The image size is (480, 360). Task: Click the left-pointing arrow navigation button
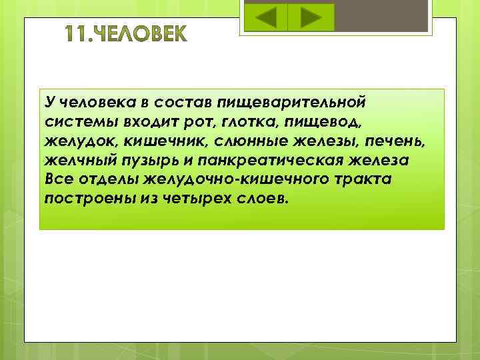(x=266, y=17)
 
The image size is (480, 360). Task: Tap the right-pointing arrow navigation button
(x=310, y=17)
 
